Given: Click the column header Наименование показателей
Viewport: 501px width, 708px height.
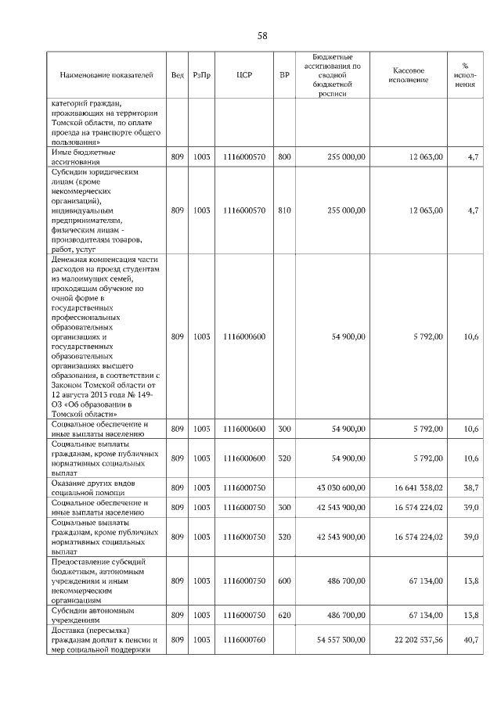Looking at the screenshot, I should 106,75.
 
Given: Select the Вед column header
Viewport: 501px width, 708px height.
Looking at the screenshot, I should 178,75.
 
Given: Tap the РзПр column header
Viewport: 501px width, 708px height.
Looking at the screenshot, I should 202,75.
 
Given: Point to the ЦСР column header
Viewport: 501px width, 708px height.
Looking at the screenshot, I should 243,75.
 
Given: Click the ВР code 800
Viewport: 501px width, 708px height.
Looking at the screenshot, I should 284,157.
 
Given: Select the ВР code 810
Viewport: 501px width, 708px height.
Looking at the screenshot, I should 284,210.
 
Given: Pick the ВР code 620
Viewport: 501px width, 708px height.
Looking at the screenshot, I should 284,616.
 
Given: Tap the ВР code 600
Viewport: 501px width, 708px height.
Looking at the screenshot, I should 284,580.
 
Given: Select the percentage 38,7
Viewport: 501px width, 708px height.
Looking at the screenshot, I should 470,487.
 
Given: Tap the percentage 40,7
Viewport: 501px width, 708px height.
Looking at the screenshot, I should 470,640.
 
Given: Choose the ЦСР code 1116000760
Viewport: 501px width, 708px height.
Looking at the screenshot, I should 243,640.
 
